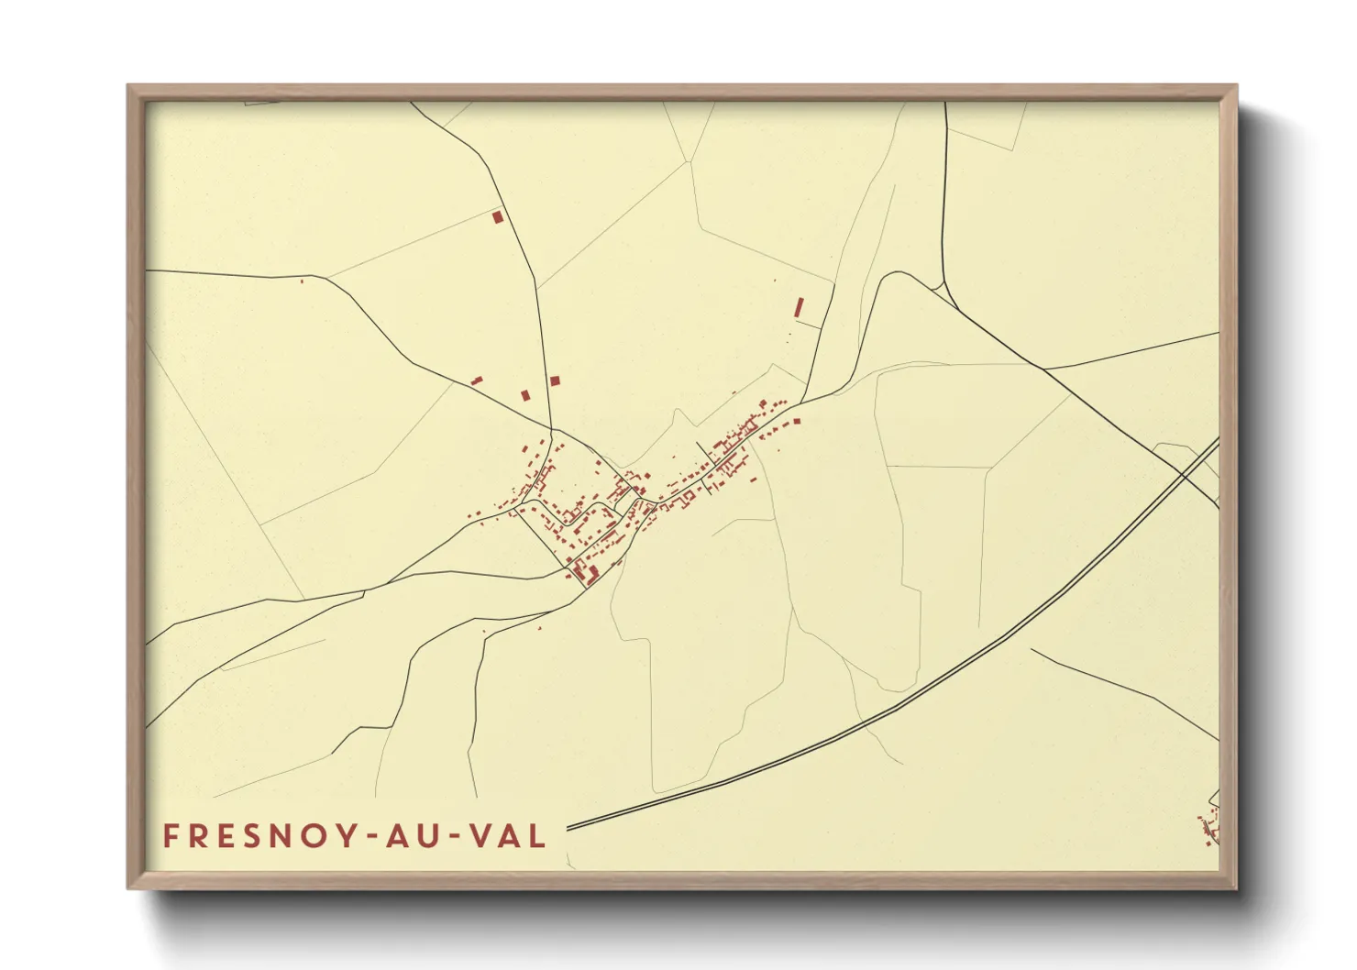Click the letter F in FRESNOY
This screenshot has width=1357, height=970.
pos(171,835)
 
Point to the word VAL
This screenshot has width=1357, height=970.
pos(507,835)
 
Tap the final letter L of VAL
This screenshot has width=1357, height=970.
pos(539,835)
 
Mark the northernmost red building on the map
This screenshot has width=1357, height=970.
pos(498,217)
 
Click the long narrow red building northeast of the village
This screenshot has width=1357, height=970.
pos(799,307)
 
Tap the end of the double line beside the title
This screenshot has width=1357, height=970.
pos(569,828)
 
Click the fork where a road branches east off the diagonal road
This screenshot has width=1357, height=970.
pos(1044,369)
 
